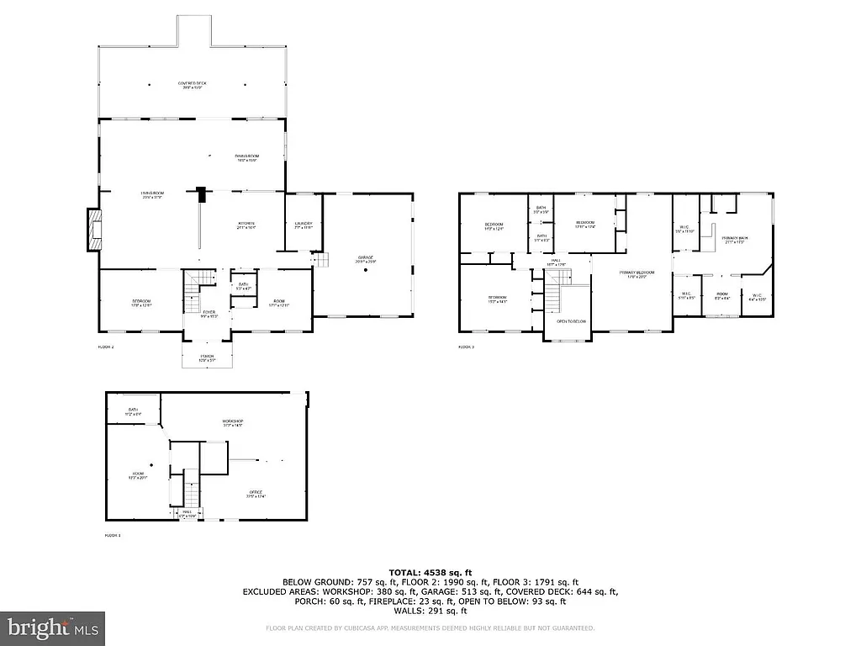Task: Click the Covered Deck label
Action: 192,85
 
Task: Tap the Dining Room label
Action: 246,157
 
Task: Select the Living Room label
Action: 152,195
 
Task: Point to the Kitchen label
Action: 245,225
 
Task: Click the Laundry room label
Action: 304,225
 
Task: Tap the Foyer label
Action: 209,314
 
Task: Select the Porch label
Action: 208,357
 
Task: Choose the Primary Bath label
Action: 735,240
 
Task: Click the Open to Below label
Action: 571,321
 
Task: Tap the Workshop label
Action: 232,422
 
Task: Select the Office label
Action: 256,494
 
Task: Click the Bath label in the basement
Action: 133,412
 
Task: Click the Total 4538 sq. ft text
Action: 430,572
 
